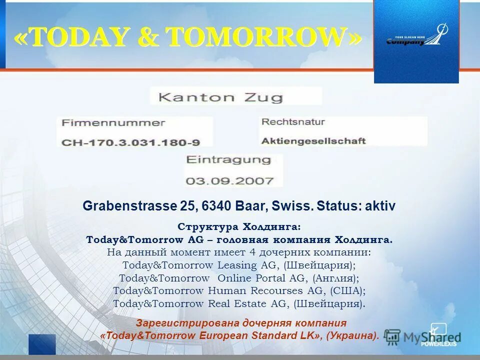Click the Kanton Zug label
(220, 96)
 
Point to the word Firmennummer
(113, 123)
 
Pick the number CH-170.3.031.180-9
(130, 142)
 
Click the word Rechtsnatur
(293, 121)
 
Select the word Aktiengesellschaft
(313, 140)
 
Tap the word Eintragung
(228, 160)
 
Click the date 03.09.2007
(230, 180)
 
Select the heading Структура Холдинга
(239, 227)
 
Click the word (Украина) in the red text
(352, 335)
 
